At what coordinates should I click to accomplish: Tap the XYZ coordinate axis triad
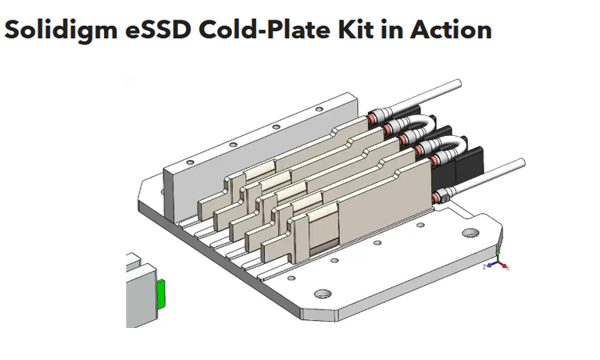pos(498,262)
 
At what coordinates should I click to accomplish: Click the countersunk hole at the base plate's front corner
pos(320,295)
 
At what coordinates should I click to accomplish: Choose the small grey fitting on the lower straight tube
pos(444,201)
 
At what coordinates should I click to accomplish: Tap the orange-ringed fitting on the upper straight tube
pos(373,119)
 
